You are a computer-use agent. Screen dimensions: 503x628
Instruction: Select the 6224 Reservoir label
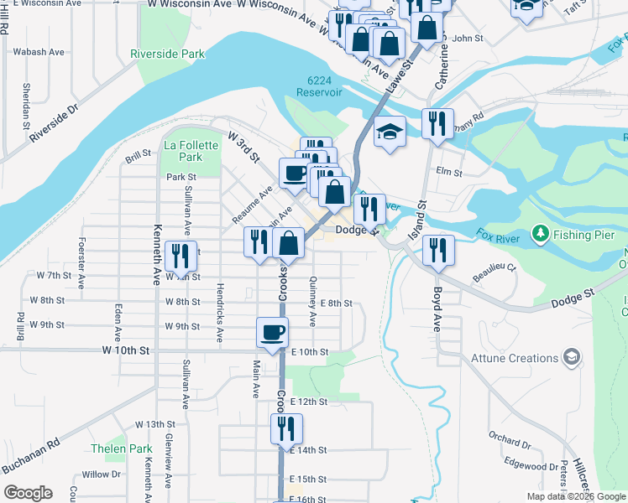pyautogui.click(x=325, y=86)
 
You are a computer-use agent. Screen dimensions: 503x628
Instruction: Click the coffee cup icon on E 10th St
pyautogui.click(x=273, y=332)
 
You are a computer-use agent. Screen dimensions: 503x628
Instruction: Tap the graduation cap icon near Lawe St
pyautogui.click(x=390, y=132)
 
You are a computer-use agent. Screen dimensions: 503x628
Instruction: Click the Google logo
pyautogui.click(x=28, y=493)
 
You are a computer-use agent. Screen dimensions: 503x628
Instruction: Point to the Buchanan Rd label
pyautogui.click(x=29, y=454)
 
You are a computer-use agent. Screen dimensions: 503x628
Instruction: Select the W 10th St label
pyautogui.click(x=125, y=349)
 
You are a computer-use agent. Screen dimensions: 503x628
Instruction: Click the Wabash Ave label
pyautogui.click(x=39, y=52)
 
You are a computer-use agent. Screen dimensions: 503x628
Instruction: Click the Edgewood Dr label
pyautogui.click(x=531, y=466)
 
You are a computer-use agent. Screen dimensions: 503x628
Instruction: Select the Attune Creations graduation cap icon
pyautogui.click(x=573, y=358)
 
